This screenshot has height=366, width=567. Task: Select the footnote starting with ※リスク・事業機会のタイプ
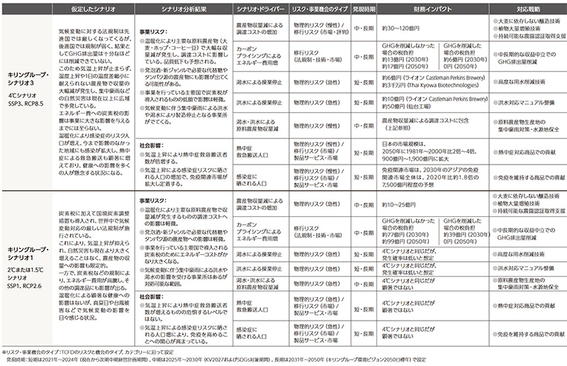click(128, 353)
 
